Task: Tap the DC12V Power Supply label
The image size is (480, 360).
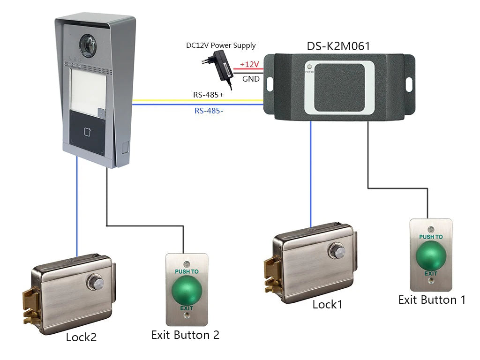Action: tap(221, 45)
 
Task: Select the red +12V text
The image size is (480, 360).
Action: tap(249, 64)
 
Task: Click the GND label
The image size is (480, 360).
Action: tap(251, 79)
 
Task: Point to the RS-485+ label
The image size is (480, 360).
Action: tap(209, 95)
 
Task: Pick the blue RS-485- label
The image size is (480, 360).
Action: tap(209, 111)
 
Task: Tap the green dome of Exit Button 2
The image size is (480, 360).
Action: tap(187, 290)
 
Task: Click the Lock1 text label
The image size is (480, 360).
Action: tap(328, 305)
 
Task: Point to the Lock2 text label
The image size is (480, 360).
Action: tap(81, 337)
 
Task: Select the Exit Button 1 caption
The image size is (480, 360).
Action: tap(432, 300)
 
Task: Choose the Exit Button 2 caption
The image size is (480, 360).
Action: tap(185, 335)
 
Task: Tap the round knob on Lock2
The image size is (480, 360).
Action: tap(95, 281)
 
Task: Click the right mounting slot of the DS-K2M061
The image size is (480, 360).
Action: tap(409, 84)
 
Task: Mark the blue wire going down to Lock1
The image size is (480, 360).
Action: tap(311, 178)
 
